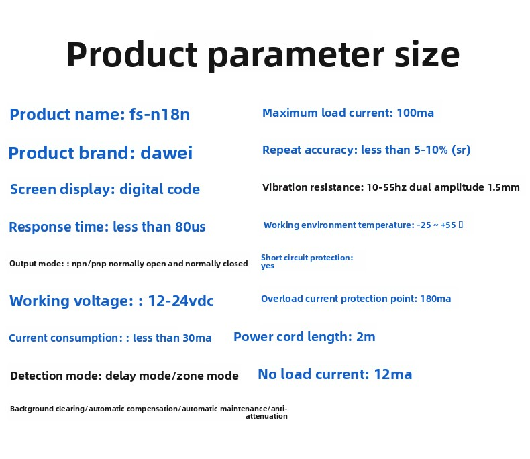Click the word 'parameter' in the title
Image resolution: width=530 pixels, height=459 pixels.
coord(296,56)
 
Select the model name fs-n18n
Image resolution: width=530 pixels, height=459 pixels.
coord(160,114)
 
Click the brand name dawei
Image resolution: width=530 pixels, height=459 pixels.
coord(166,153)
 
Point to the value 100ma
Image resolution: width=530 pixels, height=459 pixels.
coord(415,113)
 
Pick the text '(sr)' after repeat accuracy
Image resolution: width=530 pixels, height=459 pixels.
coord(461,150)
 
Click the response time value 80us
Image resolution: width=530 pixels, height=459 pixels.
coord(191,227)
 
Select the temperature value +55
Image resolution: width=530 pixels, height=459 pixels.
coord(448,225)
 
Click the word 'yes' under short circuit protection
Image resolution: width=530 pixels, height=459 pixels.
coord(268,266)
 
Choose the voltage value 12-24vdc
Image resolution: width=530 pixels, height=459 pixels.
coord(181,301)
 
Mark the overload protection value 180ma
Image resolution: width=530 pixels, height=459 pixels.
coord(435,299)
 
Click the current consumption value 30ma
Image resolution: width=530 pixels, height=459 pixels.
coord(197,338)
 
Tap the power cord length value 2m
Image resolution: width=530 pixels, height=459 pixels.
coord(366,337)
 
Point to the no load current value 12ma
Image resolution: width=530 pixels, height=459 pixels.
coord(393,374)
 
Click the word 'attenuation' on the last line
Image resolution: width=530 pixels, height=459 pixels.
coord(267,417)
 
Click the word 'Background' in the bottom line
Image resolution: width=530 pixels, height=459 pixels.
coord(32,409)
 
